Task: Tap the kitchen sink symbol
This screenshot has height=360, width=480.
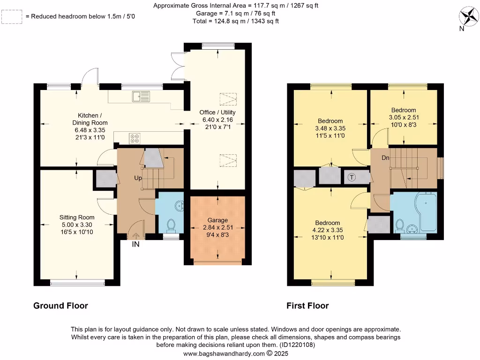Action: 141,97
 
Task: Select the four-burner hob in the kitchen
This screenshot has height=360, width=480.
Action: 135,138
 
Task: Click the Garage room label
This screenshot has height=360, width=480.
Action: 217,220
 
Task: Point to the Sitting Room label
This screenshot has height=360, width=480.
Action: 77,217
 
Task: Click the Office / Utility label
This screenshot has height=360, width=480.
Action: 217,112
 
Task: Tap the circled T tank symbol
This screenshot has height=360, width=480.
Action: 352,177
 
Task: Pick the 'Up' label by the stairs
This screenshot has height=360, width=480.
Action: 138,179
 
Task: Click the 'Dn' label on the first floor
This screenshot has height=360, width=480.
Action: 385,158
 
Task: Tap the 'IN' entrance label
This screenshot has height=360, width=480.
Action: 136,244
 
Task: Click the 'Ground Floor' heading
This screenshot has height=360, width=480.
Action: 60,306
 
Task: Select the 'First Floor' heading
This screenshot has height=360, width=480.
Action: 307,306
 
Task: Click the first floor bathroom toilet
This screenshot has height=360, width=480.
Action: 400,225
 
